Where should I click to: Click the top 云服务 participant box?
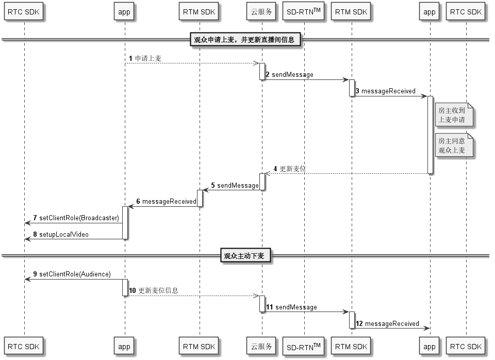(x=261, y=12)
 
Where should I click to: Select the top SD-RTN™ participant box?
(x=303, y=12)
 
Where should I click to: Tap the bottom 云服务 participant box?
(x=261, y=347)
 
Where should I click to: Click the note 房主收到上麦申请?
(x=454, y=115)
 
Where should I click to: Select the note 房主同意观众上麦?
(x=454, y=145)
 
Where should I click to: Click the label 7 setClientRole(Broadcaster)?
(x=76, y=218)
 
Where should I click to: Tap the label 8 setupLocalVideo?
(x=61, y=234)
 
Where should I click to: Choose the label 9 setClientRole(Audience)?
(x=72, y=274)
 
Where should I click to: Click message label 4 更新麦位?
(x=290, y=169)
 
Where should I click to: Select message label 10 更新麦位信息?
(x=154, y=290)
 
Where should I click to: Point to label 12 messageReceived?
(x=388, y=324)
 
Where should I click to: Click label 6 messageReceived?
(x=167, y=202)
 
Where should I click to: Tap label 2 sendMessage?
(x=290, y=74)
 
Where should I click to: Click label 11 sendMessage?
(x=292, y=307)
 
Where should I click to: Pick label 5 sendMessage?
(x=235, y=185)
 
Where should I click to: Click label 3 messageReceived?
(x=386, y=91)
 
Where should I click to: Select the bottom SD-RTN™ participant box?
(x=303, y=347)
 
